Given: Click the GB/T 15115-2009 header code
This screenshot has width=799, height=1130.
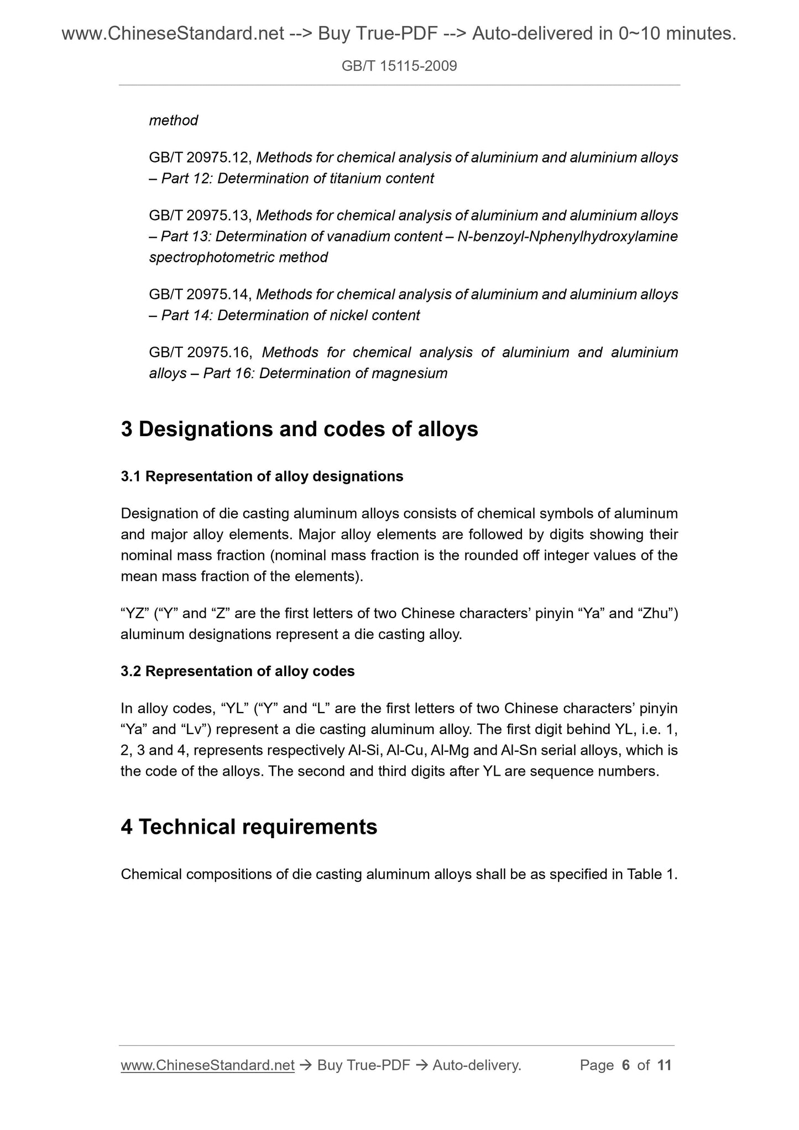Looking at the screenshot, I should tap(399, 67).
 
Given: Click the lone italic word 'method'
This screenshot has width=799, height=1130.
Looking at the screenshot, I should tap(174, 121).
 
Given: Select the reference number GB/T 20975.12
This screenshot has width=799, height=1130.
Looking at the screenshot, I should tap(200, 158).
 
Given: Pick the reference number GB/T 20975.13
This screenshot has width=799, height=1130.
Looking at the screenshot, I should tap(200, 216).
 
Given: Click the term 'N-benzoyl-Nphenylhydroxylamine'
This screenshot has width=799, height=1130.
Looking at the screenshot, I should tap(567, 237).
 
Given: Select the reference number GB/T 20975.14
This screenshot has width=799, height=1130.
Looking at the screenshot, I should tap(200, 295).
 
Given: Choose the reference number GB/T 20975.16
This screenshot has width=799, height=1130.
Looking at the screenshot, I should tap(200, 353).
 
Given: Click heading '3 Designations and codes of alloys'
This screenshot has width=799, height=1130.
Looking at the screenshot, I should tap(299, 430).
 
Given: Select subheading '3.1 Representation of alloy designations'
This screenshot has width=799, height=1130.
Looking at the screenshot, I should tap(262, 477).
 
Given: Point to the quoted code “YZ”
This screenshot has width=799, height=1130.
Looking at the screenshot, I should tap(132, 614).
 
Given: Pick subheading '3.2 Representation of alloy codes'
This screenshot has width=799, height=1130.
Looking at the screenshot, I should tap(238, 671).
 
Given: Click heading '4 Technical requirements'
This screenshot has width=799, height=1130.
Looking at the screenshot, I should tap(249, 827).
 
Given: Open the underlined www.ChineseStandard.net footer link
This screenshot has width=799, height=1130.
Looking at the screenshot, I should tap(207, 1065).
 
